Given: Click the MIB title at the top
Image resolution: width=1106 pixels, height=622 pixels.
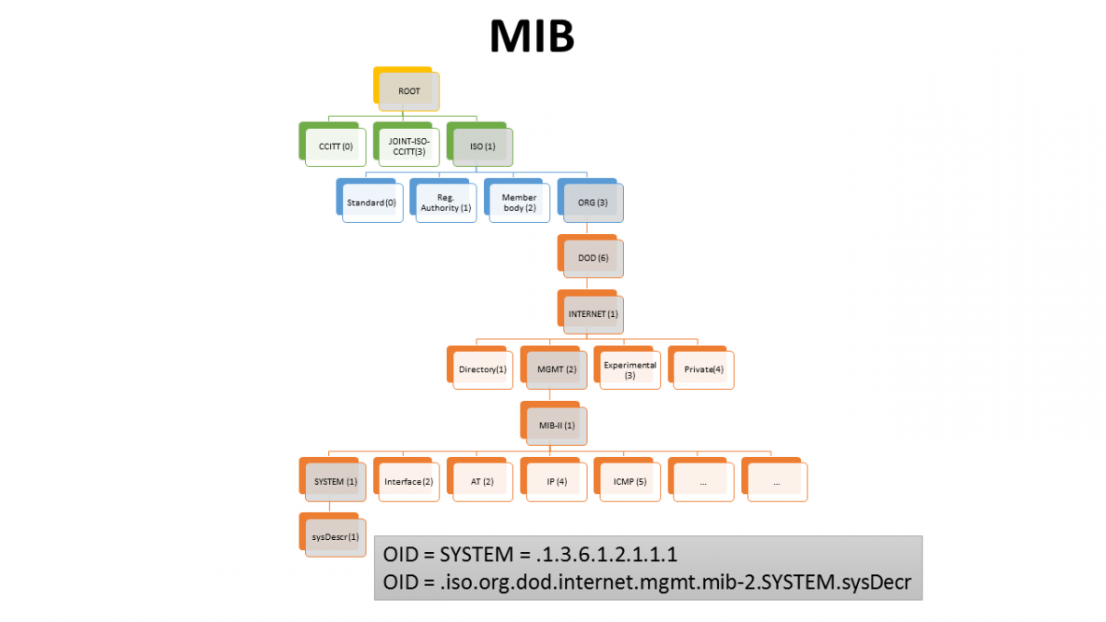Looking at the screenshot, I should [x=532, y=37].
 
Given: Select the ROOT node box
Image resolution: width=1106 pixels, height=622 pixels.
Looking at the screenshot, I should [x=408, y=91].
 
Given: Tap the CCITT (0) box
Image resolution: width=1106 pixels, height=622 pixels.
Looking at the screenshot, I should [x=335, y=147].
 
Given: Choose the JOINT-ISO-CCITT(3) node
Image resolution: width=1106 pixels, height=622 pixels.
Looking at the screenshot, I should [x=408, y=147].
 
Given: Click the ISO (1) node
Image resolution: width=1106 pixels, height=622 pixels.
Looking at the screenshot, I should [x=482, y=147].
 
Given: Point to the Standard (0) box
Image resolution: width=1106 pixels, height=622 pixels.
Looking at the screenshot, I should [x=371, y=203].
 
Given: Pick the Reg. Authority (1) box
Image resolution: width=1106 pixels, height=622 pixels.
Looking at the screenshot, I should [x=445, y=203].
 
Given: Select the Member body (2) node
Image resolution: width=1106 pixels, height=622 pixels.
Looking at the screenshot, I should [x=519, y=203].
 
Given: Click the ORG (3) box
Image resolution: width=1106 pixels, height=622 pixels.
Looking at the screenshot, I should [x=593, y=203].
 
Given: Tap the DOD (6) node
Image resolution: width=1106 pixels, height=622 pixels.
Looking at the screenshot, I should [x=593, y=258].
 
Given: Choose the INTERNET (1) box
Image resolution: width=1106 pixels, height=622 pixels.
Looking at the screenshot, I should [x=593, y=314].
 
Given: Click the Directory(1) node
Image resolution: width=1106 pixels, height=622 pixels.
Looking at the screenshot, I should [x=482, y=370].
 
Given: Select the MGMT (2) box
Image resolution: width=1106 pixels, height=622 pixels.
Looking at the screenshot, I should [x=556, y=370].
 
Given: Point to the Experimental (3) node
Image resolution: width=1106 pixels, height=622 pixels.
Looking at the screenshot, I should [x=629, y=370].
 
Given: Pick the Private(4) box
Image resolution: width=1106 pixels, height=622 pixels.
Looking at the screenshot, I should [x=703, y=370].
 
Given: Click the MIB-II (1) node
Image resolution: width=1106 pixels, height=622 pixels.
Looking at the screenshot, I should [x=556, y=426].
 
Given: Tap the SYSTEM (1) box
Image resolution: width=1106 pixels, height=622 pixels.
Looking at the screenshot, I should [x=335, y=481].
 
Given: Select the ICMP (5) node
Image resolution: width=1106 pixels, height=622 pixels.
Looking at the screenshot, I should [x=629, y=481].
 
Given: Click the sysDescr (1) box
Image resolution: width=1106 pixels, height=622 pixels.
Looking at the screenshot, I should [x=335, y=536].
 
